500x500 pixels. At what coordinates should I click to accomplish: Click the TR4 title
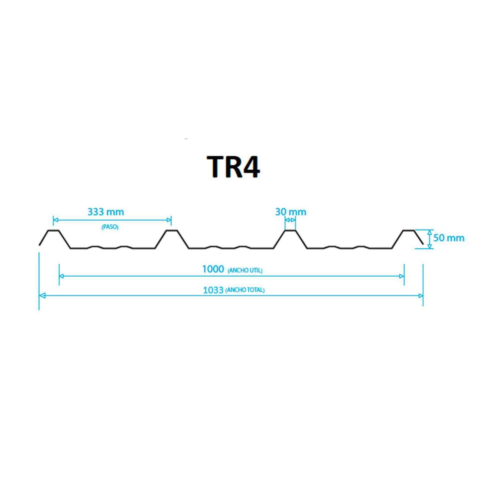pos(233,167)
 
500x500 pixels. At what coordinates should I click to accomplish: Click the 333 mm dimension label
pos(106,212)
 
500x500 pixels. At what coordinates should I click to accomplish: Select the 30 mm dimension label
pos(290,212)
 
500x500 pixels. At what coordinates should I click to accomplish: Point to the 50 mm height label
pos(449,238)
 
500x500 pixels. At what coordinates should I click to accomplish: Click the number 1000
pos(213,269)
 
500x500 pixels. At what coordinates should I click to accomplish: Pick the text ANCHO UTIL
pos(245,271)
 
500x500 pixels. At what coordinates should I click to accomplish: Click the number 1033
pos(213,290)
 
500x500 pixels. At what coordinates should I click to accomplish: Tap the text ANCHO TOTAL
pos(245,290)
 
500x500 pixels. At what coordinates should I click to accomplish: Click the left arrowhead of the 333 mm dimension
pos(55,220)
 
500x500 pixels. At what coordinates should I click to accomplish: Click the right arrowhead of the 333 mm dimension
pos(169,220)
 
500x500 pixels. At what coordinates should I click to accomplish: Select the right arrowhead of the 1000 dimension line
pos(402,276)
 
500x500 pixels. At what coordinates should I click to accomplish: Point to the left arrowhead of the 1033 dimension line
pos(42,295)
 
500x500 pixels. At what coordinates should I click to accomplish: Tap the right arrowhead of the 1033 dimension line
pos(420,296)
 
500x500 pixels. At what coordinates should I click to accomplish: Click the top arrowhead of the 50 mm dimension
pos(430,232)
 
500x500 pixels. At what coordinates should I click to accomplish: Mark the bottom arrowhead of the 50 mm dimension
pos(430,246)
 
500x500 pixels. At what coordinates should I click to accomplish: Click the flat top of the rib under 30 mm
pos(290,230)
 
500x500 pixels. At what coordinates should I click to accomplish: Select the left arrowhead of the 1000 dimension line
pos(62,276)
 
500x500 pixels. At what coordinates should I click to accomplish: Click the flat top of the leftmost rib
pos(53,230)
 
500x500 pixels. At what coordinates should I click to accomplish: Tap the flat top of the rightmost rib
pos(408,230)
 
